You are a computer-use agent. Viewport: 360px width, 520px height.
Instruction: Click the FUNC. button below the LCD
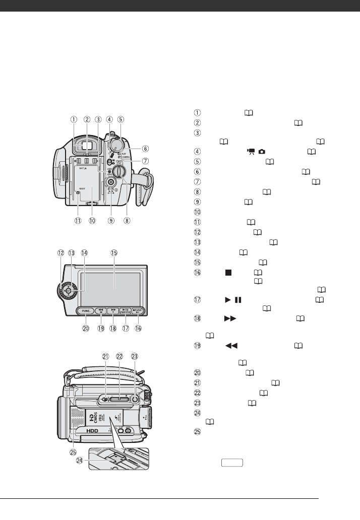tap(85, 311)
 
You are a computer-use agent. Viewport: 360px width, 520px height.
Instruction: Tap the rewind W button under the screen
tap(101, 311)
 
